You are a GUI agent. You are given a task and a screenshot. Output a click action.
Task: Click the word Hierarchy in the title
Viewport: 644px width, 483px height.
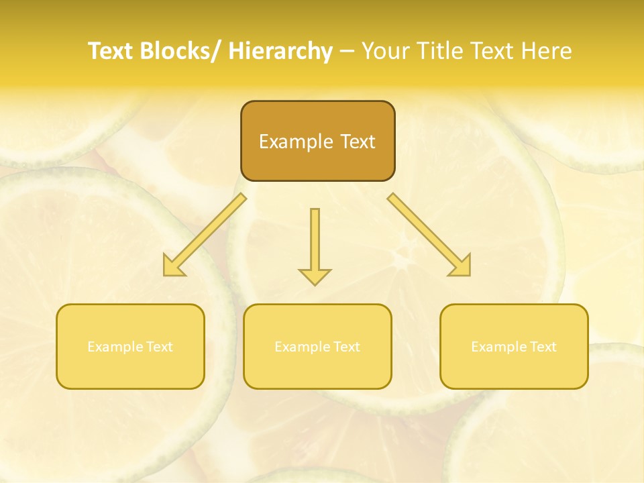280,51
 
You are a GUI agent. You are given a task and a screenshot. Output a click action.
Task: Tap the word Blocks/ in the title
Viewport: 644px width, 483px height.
178,51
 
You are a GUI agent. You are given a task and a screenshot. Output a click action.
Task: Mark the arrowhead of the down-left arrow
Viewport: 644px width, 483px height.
173,266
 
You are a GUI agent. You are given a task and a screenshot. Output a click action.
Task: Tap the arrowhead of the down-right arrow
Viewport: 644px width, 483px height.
461,266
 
